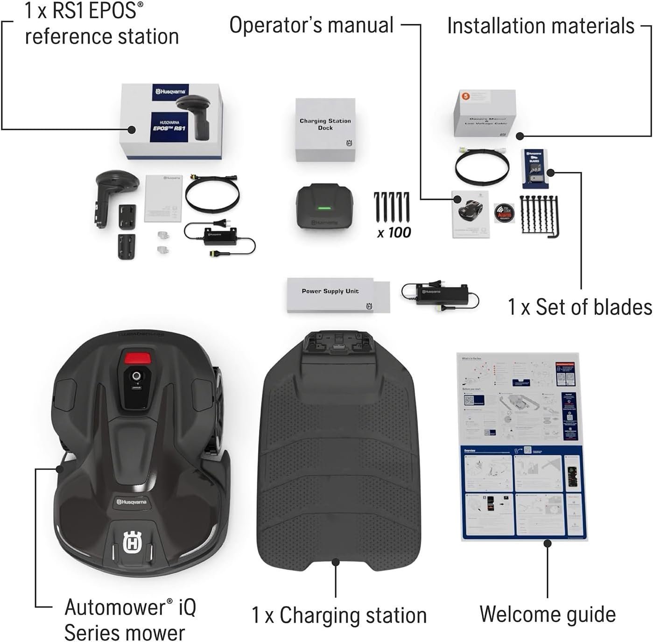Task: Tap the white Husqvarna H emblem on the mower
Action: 132,543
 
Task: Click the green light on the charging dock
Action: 324,208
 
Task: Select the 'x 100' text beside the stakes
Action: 394,232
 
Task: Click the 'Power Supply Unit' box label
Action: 330,291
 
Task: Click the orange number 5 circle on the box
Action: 465,97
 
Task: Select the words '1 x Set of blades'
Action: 580,308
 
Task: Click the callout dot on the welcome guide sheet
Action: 548,543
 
